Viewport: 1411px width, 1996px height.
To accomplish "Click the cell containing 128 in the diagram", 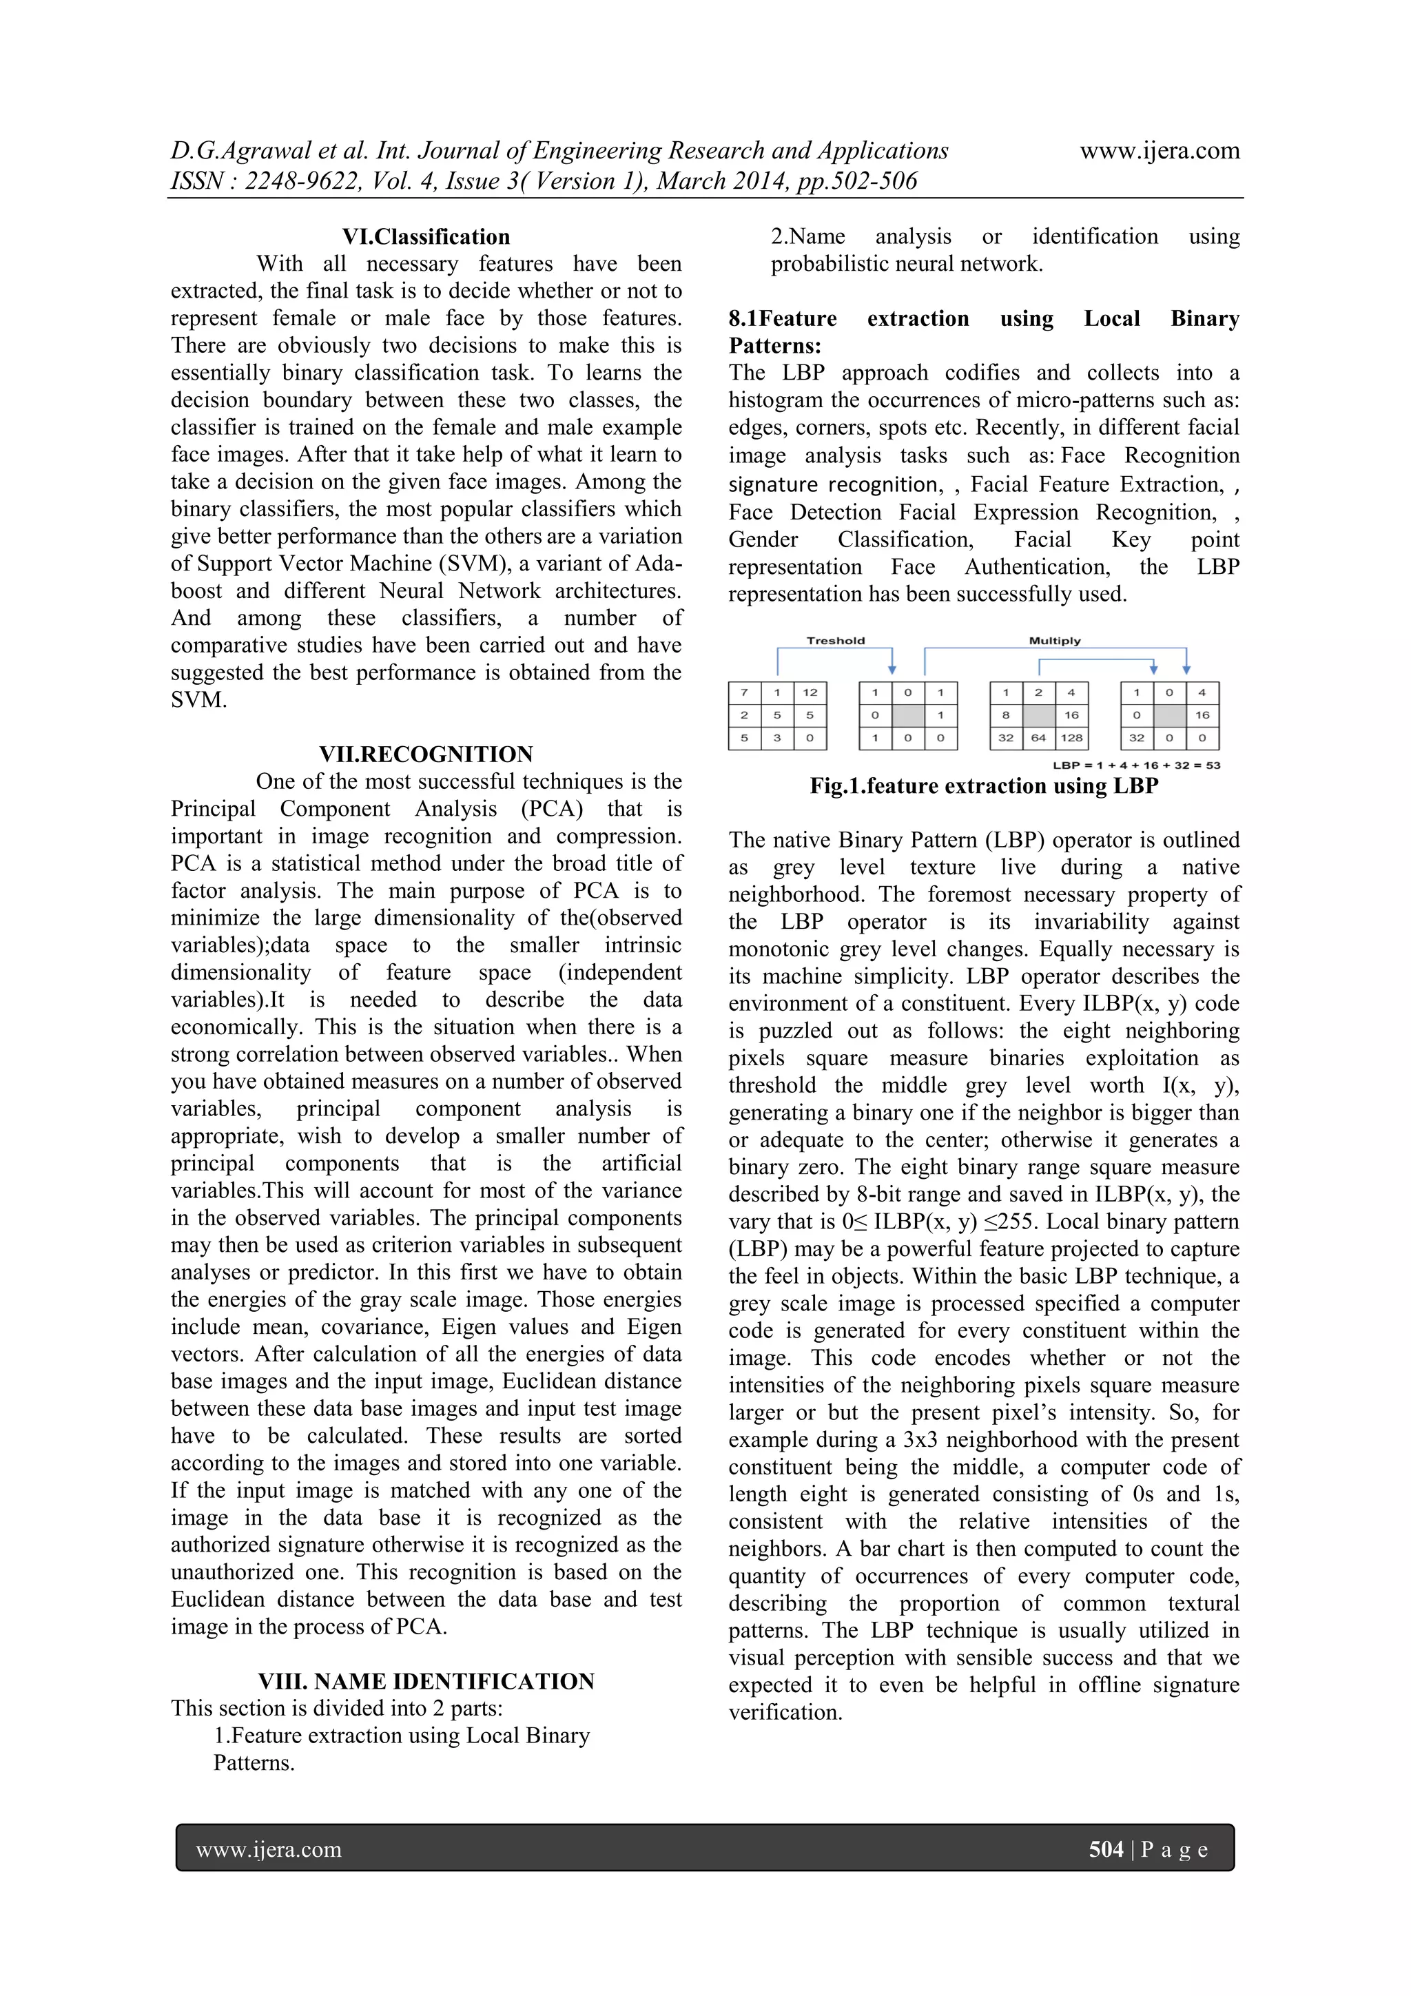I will point(1072,738).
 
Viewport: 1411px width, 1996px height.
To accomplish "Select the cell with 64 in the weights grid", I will point(1039,738).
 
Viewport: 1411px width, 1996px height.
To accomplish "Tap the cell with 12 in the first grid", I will point(810,693).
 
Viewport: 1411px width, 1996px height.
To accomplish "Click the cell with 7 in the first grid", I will point(744,693).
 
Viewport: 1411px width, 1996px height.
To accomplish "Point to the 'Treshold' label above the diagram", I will point(836,641).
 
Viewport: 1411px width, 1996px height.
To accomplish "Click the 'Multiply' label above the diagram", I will point(1055,641).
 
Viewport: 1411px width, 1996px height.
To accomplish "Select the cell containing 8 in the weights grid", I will point(1006,715).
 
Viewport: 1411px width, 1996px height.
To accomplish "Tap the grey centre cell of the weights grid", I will point(1039,715).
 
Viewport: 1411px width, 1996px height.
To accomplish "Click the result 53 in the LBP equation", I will point(1213,766).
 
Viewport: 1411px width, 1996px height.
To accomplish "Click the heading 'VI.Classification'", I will point(426,236).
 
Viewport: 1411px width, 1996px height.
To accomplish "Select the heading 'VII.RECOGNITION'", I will point(426,754).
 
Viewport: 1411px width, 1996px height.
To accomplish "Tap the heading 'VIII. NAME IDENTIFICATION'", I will point(426,1680).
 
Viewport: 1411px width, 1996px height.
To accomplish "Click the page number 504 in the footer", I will point(1106,1849).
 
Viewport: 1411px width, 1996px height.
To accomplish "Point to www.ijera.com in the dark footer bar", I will point(269,1849).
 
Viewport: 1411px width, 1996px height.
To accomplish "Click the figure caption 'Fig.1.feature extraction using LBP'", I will point(983,786).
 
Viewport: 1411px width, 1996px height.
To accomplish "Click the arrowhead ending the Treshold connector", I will point(892,670).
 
